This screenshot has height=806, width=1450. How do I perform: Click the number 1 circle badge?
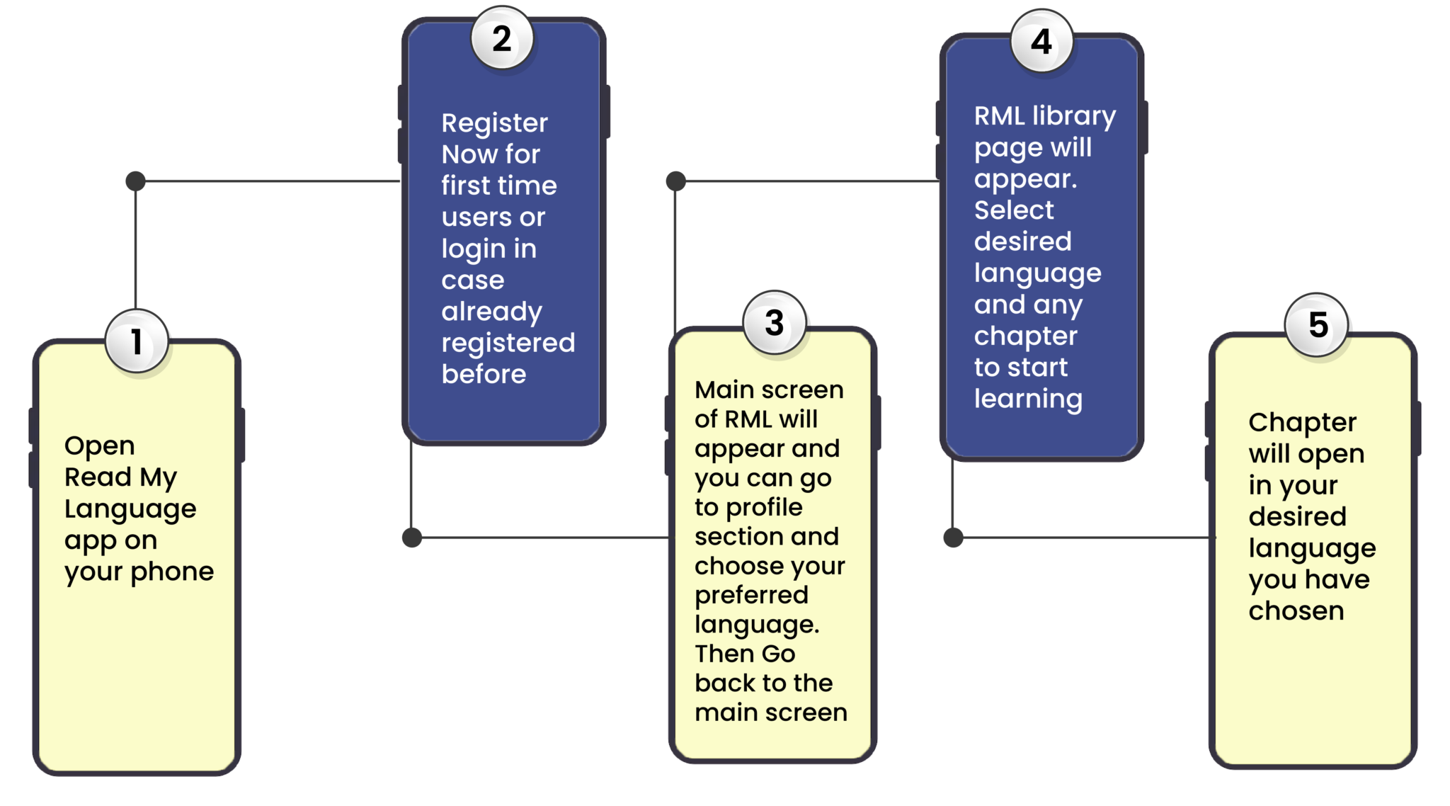point(137,341)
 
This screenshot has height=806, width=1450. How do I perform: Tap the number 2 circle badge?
point(502,38)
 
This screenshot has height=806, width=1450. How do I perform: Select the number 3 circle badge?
point(775,323)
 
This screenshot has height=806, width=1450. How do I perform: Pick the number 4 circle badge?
point(1041,42)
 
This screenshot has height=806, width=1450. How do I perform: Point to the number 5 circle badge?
point(1318,325)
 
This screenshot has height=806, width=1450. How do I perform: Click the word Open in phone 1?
point(99,446)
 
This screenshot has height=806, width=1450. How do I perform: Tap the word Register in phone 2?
point(494,123)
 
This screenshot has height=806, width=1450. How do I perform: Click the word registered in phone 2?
point(508,343)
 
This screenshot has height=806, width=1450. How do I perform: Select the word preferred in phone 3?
point(751,595)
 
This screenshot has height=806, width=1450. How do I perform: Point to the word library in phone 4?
point(1074,115)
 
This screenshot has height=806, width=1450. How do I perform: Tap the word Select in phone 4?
point(1014,210)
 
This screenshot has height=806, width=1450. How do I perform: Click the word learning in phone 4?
point(1028,399)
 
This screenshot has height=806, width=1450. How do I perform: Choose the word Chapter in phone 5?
point(1302,423)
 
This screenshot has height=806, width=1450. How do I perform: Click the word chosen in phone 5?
point(1296,611)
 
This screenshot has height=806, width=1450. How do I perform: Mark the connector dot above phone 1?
point(135,181)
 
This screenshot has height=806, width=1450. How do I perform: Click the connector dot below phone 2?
point(412,538)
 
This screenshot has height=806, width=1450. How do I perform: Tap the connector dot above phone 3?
point(676,181)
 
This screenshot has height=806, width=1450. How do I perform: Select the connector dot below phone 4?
point(954,538)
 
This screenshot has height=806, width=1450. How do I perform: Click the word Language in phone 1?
point(130,510)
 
